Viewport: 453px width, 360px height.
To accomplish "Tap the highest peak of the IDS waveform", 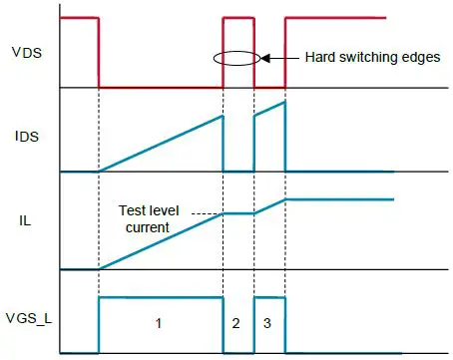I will point(285,101).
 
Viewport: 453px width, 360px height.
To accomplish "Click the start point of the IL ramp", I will point(98,268).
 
